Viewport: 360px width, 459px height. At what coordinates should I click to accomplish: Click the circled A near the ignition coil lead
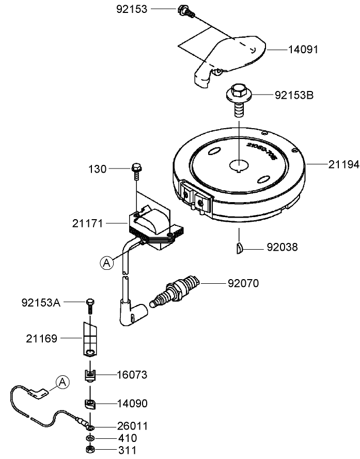click(x=106, y=263)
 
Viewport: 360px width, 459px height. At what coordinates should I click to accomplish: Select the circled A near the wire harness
click(x=62, y=382)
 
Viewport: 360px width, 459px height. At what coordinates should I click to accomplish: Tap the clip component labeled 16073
click(x=90, y=374)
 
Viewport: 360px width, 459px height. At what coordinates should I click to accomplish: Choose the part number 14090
click(x=132, y=403)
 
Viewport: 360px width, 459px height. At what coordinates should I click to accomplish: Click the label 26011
click(x=132, y=426)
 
